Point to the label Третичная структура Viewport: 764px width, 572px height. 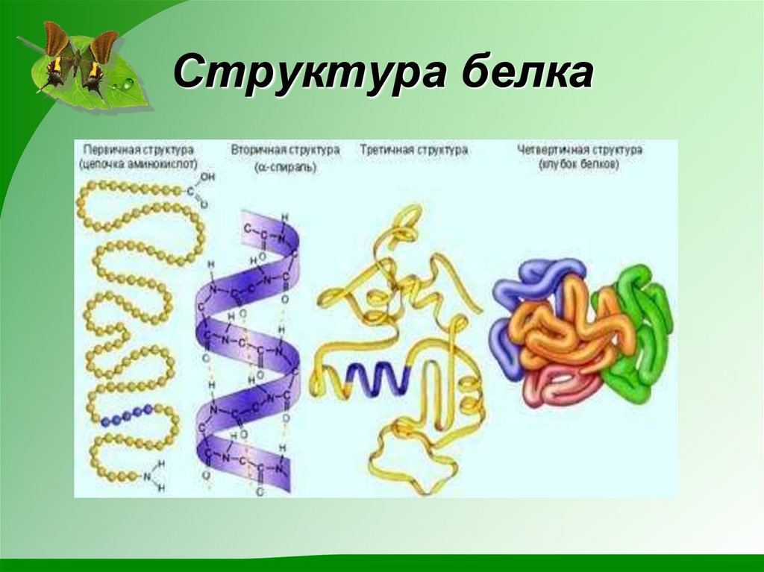(x=414, y=150)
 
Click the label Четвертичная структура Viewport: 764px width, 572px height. (x=580, y=150)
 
